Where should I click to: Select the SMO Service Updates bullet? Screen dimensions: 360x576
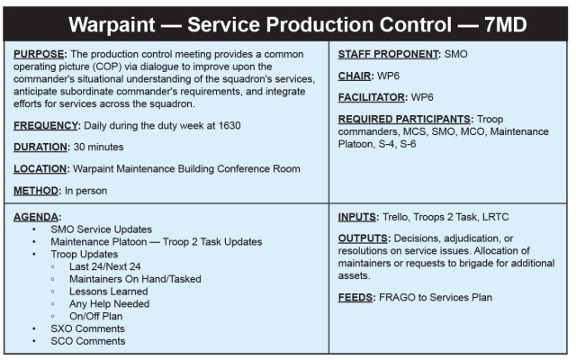pos(101,229)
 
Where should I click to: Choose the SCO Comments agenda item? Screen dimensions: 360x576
pos(88,341)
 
